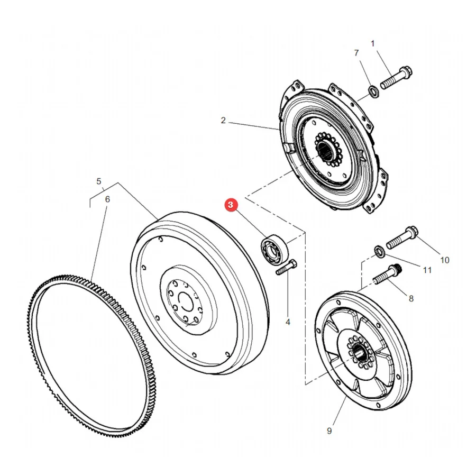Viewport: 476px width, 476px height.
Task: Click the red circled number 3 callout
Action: pyautogui.click(x=231, y=205)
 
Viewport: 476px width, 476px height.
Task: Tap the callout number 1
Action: pyautogui.click(x=373, y=44)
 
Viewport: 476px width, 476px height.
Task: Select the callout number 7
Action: pyautogui.click(x=356, y=53)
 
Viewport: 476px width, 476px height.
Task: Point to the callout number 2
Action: pyautogui.click(x=223, y=121)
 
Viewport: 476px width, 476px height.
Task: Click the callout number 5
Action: pyautogui.click(x=99, y=181)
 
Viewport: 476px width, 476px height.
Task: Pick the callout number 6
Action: pyautogui.click(x=107, y=199)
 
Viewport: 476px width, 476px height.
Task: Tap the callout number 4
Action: pyautogui.click(x=288, y=322)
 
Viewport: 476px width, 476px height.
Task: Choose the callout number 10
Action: pyautogui.click(x=445, y=260)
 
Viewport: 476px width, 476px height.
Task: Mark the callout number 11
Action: pyautogui.click(x=427, y=270)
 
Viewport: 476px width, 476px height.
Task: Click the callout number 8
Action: pyautogui.click(x=411, y=299)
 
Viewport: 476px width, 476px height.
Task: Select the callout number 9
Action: pyautogui.click(x=329, y=431)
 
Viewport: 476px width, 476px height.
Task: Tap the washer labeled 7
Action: pyautogui.click(x=373, y=91)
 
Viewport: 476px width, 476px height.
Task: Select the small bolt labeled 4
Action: pyautogui.click(x=286, y=267)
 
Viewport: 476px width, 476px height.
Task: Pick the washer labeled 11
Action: pyautogui.click(x=379, y=251)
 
